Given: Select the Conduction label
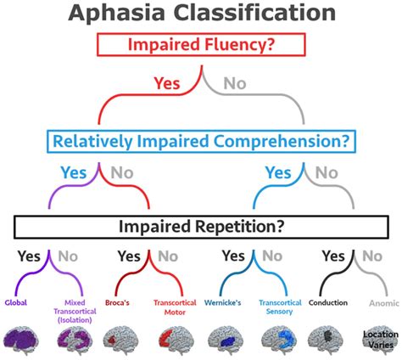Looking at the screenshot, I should tap(327, 301).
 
